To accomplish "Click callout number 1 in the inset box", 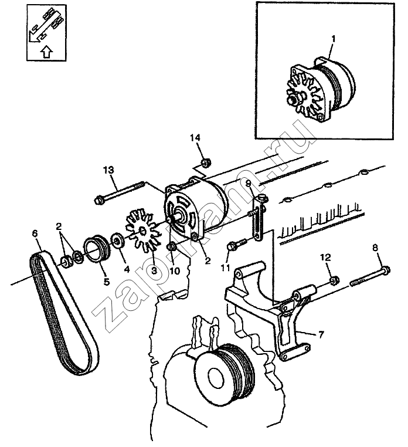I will (333, 39).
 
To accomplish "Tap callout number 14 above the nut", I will (195, 138).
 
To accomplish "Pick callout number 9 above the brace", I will (249, 184).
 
